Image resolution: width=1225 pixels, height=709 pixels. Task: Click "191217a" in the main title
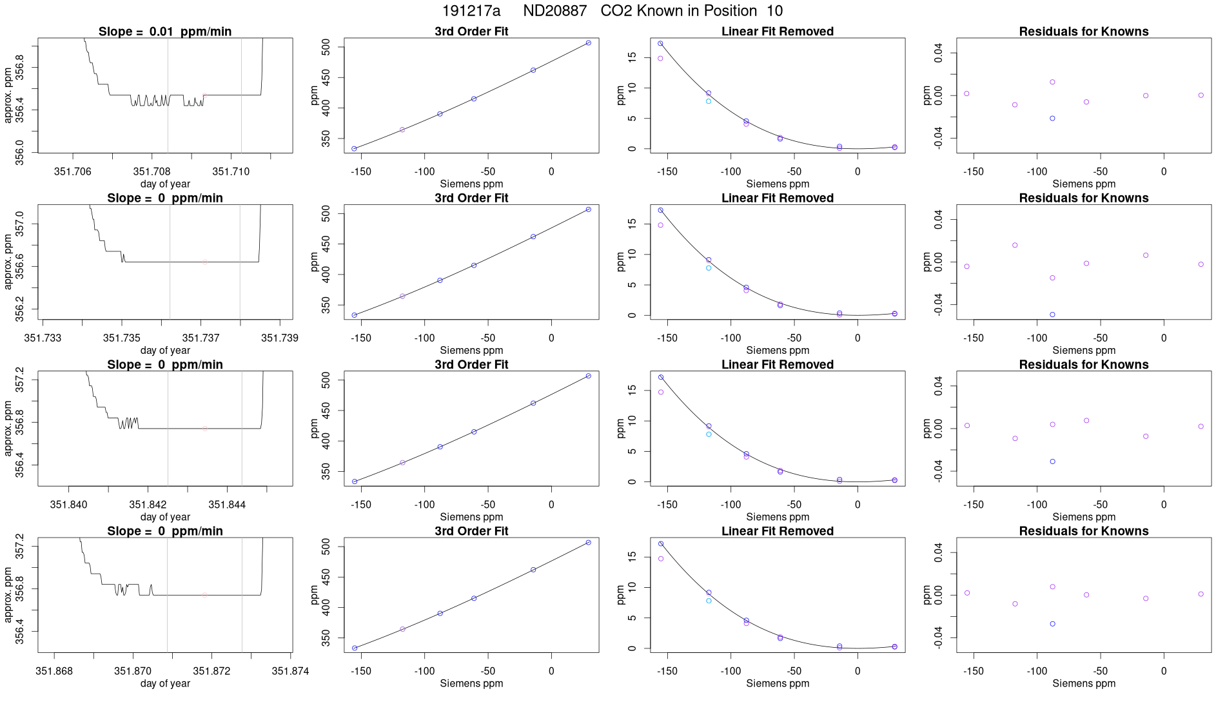click(x=471, y=11)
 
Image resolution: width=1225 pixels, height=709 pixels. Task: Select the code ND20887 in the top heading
click(x=554, y=11)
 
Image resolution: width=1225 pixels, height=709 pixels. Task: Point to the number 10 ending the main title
click(x=774, y=11)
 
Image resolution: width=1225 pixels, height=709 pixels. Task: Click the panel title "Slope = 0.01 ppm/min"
click(x=165, y=32)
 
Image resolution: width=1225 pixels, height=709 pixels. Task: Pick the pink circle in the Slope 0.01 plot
click(x=204, y=95)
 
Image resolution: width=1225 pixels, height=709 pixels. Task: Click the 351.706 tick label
click(x=73, y=171)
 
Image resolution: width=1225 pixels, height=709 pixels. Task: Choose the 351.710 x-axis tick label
click(x=231, y=171)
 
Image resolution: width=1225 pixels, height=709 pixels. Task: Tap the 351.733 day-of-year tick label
click(x=43, y=338)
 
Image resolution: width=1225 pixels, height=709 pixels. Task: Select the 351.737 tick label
click(x=201, y=338)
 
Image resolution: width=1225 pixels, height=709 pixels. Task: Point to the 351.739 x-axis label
click(x=279, y=338)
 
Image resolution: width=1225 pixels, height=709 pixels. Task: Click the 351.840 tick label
click(x=68, y=505)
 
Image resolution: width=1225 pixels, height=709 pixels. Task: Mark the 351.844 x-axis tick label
click(x=227, y=505)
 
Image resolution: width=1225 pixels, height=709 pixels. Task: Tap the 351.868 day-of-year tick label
click(x=54, y=671)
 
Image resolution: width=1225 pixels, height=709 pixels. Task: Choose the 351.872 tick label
click(x=211, y=671)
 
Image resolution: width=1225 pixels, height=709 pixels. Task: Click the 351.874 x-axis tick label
click(x=290, y=671)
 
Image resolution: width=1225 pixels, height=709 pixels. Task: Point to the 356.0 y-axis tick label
click(x=20, y=153)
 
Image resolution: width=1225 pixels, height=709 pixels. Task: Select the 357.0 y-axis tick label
click(x=20, y=224)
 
